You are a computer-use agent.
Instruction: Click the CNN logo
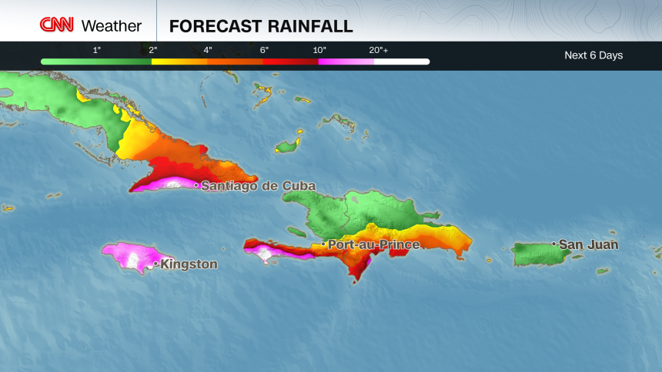[x=56, y=25]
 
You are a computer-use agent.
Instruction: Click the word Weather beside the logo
[x=111, y=26]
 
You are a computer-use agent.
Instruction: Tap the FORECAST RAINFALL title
[x=261, y=26]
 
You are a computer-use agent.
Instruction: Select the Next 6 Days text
[x=593, y=55]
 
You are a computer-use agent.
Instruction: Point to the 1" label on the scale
[x=97, y=50]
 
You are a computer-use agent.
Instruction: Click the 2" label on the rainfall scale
[x=153, y=50]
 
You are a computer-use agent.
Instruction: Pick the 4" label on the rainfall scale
[x=208, y=50]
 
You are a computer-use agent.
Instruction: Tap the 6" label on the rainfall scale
[x=264, y=50]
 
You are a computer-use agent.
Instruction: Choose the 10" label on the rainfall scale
[x=320, y=50]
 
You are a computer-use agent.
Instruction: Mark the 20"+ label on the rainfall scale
[x=378, y=50]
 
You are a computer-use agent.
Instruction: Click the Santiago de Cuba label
[x=258, y=186]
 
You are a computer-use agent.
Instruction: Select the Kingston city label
[x=189, y=264]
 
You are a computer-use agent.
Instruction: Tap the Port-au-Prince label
[x=373, y=244]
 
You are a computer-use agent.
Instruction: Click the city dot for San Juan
[x=553, y=244]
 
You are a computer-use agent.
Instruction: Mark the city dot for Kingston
[x=155, y=264]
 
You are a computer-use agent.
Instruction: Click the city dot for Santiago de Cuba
[x=196, y=185]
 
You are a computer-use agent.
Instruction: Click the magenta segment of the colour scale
[x=346, y=61]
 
